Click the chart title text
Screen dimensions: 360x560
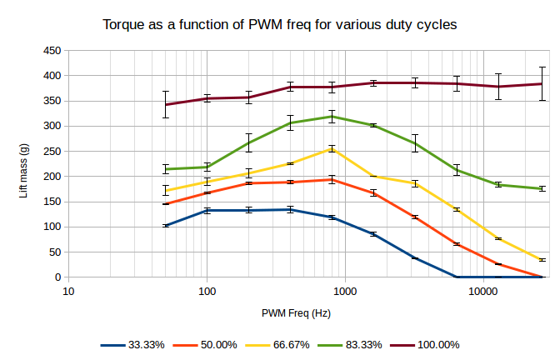tap(280, 24)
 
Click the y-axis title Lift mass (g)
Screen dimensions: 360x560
tap(24, 163)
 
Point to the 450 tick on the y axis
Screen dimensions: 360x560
tap(52, 51)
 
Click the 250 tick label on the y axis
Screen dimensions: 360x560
tap(52, 151)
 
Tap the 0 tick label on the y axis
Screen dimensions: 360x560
tap(57, 277)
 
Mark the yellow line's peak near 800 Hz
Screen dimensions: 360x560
tap(332, 149)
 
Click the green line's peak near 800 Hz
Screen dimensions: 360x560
tap(332, 117)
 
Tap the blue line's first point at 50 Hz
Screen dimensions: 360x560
tap(166, 226)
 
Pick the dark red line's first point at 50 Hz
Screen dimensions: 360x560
tap(166, 105)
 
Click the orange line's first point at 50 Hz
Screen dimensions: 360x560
tap(166, 204)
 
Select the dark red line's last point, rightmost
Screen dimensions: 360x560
tap(542, 83)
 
